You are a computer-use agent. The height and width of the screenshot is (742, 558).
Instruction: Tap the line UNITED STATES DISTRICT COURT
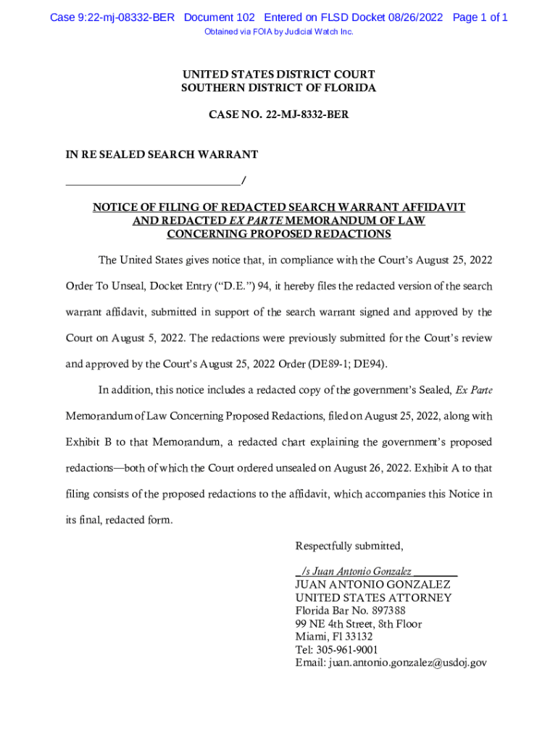[x=278, y=75]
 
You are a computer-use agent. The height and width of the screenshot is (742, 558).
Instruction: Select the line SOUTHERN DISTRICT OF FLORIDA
[x=278, y=88]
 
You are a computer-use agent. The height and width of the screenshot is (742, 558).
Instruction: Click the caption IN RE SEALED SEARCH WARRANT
[x=162, y=154]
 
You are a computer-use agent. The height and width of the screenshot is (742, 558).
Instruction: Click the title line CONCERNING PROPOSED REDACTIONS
[x=278, y=234]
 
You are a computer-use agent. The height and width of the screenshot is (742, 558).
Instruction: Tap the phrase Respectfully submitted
[x=349, y=546]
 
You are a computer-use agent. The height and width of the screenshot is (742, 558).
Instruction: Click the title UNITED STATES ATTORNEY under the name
[x=373, y=598]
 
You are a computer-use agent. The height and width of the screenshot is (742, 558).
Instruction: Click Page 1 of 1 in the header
[x=480, y=17]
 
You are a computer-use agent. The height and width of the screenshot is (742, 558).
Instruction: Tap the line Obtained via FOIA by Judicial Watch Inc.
[x=278, y=32]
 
